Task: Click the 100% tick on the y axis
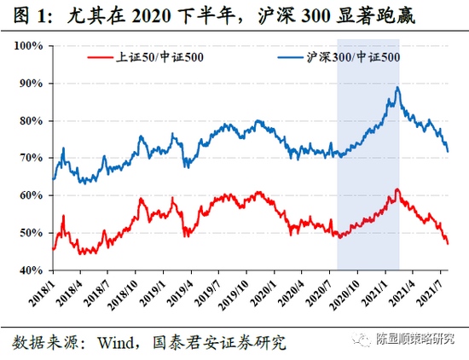coord(32,46)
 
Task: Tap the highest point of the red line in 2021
coord(396,189)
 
